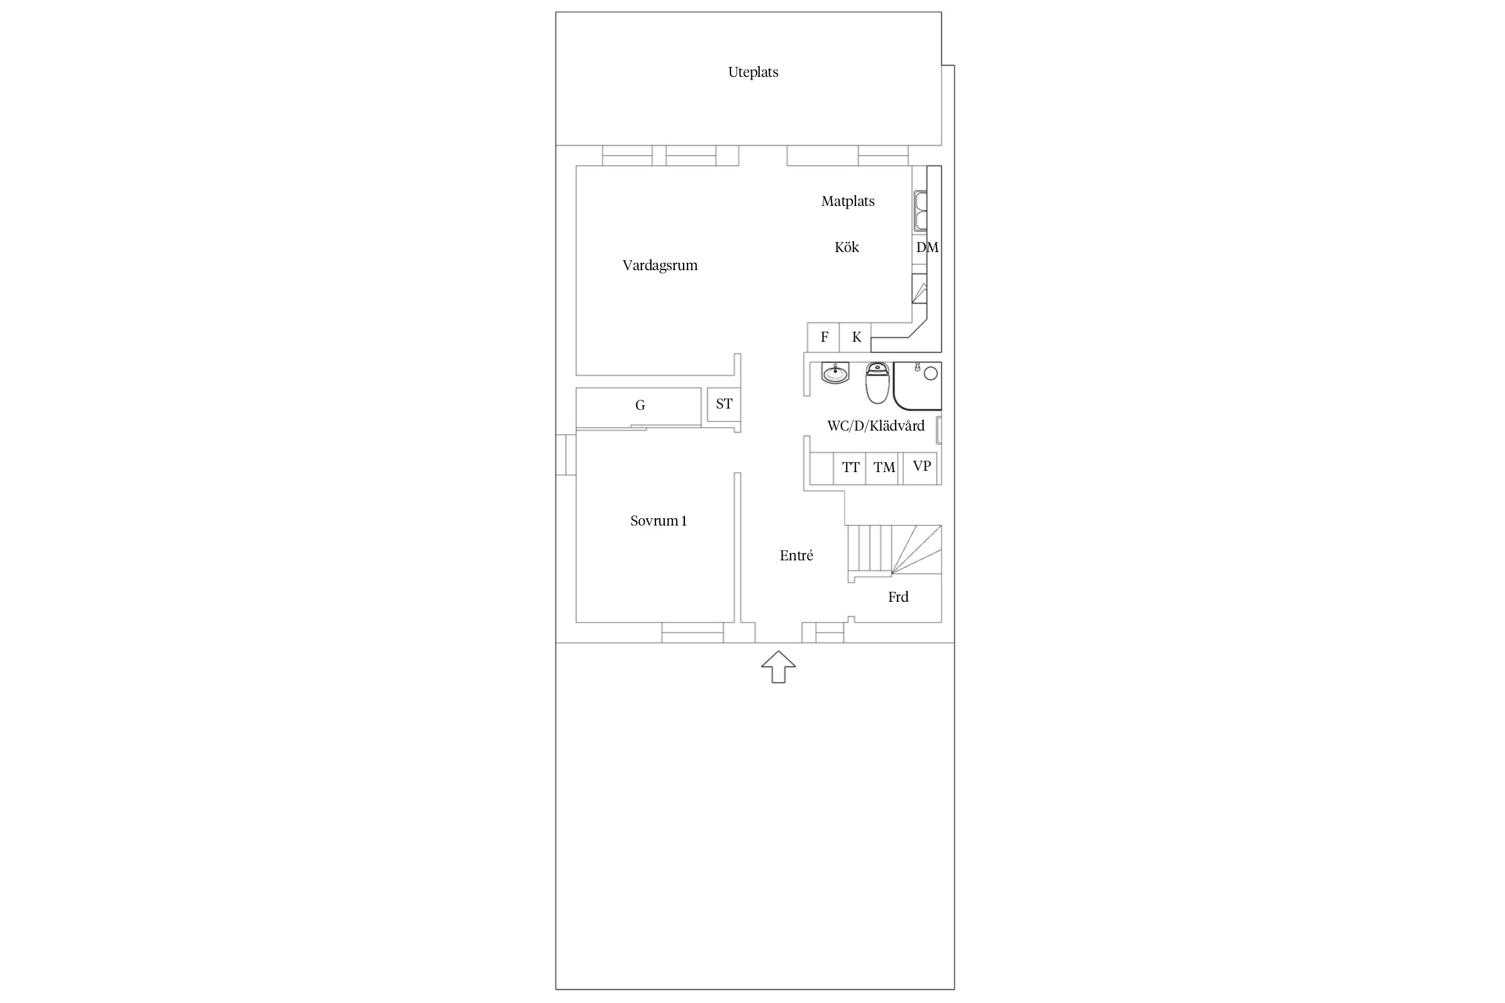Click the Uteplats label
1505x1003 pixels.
click(753, 72)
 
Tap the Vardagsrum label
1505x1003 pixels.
click(660, 265)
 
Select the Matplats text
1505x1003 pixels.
click(847, 201)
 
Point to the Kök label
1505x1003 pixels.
click(846, 247)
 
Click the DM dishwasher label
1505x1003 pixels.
click(927, 247)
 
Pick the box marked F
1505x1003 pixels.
click(823, 337)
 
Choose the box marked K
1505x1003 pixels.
click(856, 337)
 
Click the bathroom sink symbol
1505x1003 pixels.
click(835, 373)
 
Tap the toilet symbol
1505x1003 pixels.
click(877, 383)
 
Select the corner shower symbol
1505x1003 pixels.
click(918, 386)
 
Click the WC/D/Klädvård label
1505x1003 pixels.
click(876, 426)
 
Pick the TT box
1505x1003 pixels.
click(850, 468)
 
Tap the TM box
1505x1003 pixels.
click(884, 468)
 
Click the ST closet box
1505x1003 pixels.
click(724, 405)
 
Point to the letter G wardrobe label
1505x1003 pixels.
click(640, 405)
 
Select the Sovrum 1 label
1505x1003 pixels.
click(658, 521)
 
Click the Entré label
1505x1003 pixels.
click(796, 556)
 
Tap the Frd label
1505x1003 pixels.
click(898, 597)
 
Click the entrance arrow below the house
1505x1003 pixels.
click(779, 667)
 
